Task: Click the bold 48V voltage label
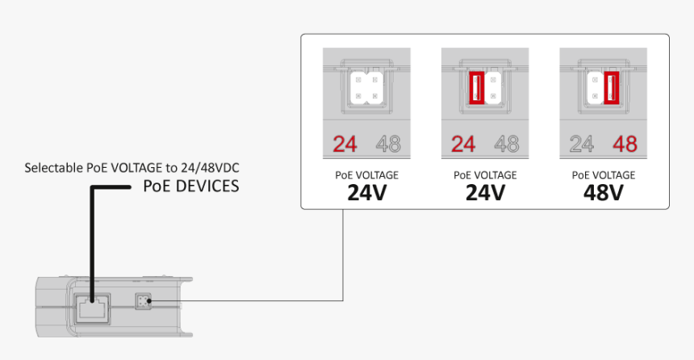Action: pyautogui.click(x=604, y=193)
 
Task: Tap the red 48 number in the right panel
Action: pyautogui.click(x=625, y=144)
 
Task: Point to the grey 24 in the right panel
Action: pyautogui.click(x=582, y=144)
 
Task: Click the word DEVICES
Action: pyautogui.click(x=209, y=186)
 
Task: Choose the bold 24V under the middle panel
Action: pyautogui.click(x=485, y=193)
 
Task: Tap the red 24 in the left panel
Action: pyautogui.click(x=345, y=144)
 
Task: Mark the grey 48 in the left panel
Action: pyautogui.click(x=388, y=144)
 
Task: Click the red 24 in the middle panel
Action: pyautogui.click(x=463, y=144)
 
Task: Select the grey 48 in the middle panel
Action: pyautogui.click(x=507, y=144)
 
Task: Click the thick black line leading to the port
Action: pyautogui.click(x=90, y=234)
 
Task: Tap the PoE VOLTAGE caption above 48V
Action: pyautogui.click(x=604, y=175)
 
